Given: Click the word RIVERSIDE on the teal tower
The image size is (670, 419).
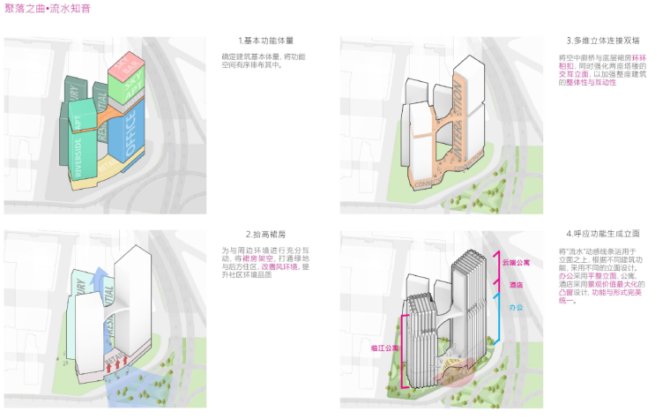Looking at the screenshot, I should [x=78, y=159].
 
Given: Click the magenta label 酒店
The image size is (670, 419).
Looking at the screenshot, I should [x=516, y=285].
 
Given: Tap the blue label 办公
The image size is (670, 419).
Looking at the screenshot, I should [x=516, y=308].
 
